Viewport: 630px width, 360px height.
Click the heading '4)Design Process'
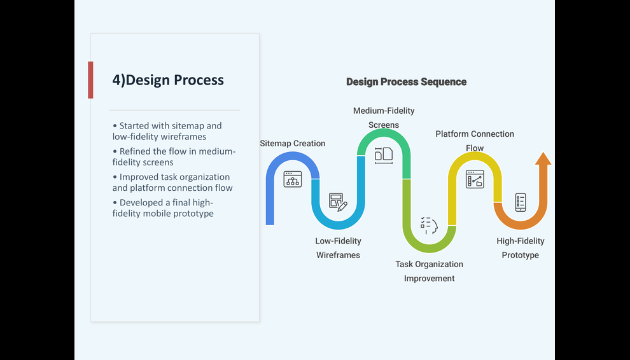[168, 80]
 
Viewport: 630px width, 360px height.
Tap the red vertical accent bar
[90, 80]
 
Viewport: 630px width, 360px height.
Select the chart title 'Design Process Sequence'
[406, 82]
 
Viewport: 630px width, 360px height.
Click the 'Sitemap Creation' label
[293, 144]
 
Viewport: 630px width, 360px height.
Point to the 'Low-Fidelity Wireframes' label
[338, 248]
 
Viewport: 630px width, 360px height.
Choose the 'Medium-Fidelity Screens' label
[384, 118]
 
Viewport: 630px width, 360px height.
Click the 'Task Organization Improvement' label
[429, 271]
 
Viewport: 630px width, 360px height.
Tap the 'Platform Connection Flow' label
[475, 141]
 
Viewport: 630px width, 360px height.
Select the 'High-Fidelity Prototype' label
[521, 248]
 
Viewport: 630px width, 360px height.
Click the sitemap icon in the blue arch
[293, 179]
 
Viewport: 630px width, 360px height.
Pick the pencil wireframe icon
[338, 202]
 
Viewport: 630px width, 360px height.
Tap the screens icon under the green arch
[384, 155]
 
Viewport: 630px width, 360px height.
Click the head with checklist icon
[429, 225]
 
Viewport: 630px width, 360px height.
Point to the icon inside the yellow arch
[475, 179]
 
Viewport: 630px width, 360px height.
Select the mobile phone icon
[521, 202]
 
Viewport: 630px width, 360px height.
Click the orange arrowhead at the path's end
[543, 159]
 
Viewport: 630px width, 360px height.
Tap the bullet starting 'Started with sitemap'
[167, 131]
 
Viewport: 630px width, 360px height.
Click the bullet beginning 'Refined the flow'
[174, 156]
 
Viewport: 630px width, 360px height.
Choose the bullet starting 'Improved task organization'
[172, 183]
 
